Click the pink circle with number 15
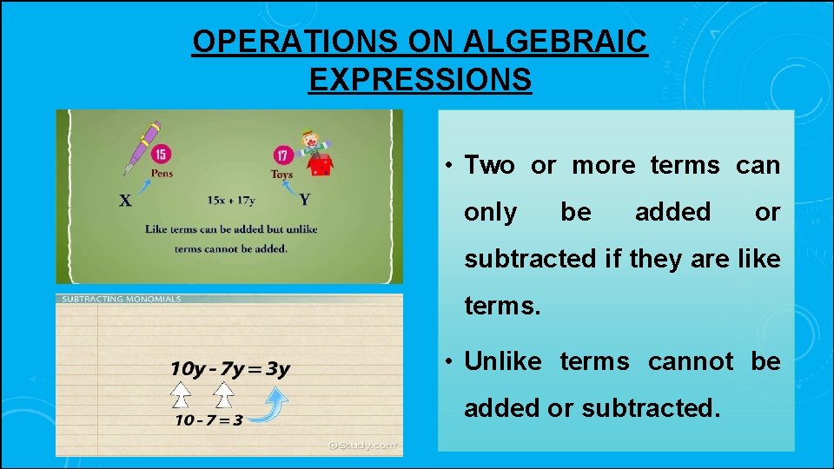[x=161, y=155]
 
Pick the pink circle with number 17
[x=284, y=156]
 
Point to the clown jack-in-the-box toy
[x=315, y=153]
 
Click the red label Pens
[x=161, y=173]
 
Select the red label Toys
[x=282, y=175]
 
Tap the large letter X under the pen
[x=126, y=201]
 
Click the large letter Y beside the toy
[x=304, y=200]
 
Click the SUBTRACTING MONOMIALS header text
[x=120, y=299]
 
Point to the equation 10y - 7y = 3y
[x=229, y=369]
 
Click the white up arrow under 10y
[x=181, y=397]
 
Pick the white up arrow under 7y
[x=223, y=397]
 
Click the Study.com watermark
[x=361, y=445]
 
